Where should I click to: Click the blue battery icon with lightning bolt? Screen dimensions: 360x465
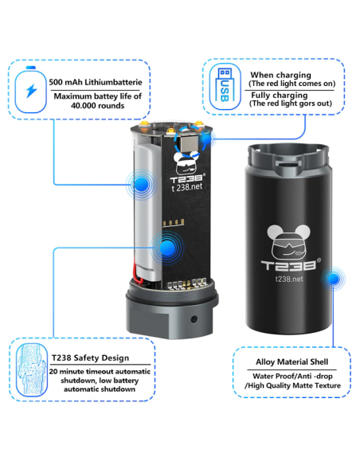[30, 90]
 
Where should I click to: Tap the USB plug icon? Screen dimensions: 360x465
[225, 86]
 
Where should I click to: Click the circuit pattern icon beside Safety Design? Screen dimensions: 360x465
[31, 369]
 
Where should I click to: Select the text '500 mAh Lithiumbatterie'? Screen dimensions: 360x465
[96, 82]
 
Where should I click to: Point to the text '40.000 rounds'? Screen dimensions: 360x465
[97, 106]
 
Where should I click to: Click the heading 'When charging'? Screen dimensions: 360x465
[280, 75]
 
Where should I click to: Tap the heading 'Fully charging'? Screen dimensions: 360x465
[280, 96]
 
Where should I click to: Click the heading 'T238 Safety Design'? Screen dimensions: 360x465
[91, 358]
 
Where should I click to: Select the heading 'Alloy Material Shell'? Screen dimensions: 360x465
[292, 361]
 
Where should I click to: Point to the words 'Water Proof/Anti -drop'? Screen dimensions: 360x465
[292, 376]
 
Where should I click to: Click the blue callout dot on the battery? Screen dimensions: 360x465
[141, 185]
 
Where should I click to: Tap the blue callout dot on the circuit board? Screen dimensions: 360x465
[167, 248]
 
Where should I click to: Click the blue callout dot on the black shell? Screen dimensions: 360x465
[333, 279]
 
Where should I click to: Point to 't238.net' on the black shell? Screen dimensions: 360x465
[289, 279]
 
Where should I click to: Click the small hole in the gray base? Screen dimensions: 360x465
[194, 319]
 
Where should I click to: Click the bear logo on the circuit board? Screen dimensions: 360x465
[186, 163]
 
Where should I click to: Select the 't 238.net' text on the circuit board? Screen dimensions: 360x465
[187, 187]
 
